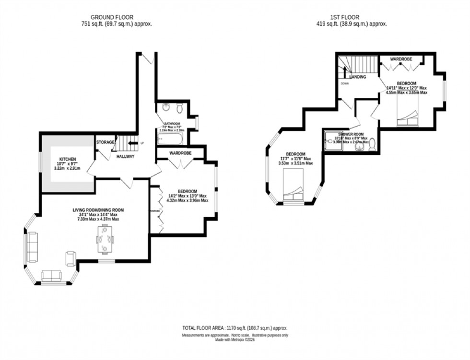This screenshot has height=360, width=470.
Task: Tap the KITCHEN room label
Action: point(68,159)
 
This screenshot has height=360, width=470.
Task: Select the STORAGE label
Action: point(106,142)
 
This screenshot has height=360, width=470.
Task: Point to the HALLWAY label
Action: point(125,157)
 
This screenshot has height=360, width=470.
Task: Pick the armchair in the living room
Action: point(70,259)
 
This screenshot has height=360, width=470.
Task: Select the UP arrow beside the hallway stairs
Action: point(134,143)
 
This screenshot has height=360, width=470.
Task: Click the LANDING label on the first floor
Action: point(358,77)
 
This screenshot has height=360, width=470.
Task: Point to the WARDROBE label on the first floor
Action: point(400,59)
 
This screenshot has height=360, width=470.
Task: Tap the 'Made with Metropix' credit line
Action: point(235,340)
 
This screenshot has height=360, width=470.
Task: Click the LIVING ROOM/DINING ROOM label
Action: point(98,209)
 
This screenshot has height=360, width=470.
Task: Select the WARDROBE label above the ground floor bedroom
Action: point(180,153)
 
